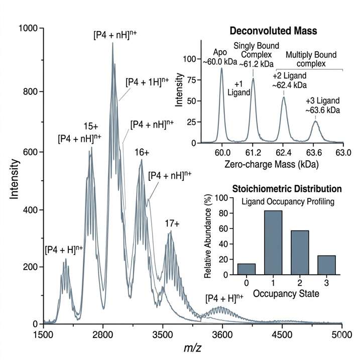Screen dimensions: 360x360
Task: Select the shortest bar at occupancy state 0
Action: [250, 269]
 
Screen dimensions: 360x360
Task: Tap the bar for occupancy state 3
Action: [327, 265]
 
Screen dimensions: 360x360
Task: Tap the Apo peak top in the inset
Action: [221, 69]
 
